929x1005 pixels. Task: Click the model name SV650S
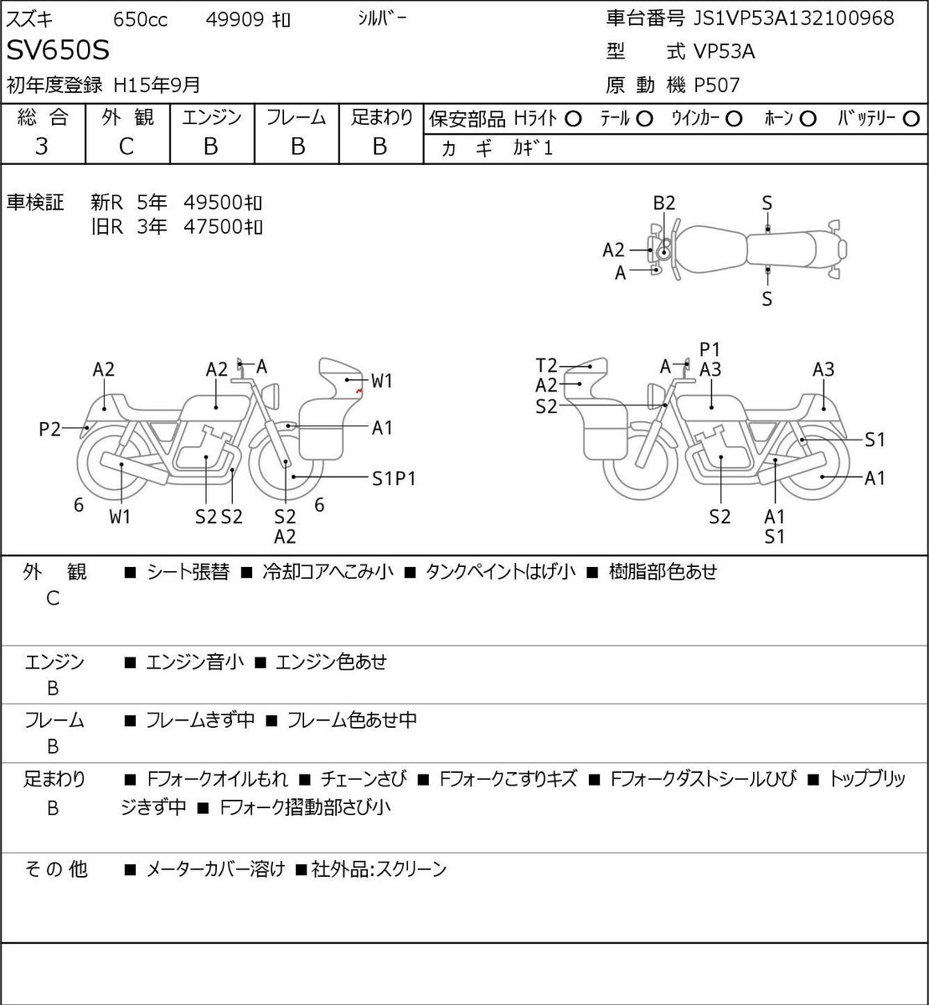[x=58, y=50]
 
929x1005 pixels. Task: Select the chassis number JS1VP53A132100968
[x=793, y=18]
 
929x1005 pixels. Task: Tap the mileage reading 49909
[x=235, y=19]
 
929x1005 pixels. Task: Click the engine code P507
[x=717, y=85]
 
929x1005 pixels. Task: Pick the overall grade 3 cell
[x=42, y=147]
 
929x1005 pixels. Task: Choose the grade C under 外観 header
[x=126, y=147]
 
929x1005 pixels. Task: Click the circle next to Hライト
[x=573, y=120]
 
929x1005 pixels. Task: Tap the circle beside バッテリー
[x=911, y=119]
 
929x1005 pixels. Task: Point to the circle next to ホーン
[x=808, y=119]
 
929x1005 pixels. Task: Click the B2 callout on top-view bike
[x=664, y=204]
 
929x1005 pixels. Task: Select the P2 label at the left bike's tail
[x=49, y=429]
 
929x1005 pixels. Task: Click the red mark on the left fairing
[x=359, y=390]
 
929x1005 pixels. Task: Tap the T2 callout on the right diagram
[x=546, y=365]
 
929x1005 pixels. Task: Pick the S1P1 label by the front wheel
[x=394, y=479]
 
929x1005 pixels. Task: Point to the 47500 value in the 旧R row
[x=214, y=227]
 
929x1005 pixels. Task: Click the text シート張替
[x=188, y=572]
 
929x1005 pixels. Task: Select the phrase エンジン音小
[x=195, y=662]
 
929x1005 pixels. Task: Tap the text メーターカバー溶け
[x=215, y=869]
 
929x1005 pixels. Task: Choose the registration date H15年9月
[x=157, y=85]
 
